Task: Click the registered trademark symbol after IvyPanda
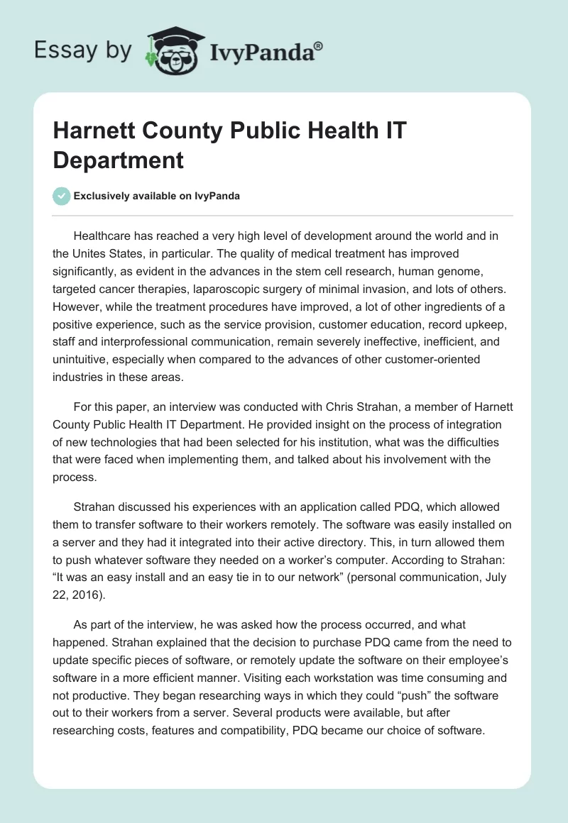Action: tap(319, 45)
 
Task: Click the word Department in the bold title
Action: tap(119, 160)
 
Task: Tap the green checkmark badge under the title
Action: tap(62, 196)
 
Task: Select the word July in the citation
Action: tap(492, 577)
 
